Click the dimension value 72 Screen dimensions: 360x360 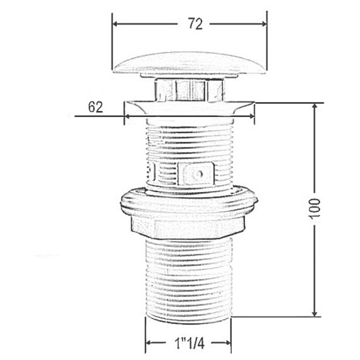[195, 24]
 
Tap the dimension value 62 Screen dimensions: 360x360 [96, 107]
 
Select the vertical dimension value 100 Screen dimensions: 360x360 [315, 209]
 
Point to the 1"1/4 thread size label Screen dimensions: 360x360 [189, 344]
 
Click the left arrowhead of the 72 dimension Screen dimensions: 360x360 [115, 24]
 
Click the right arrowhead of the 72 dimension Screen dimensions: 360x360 [264, 24]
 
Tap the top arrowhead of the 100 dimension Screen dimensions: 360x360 [315, 106]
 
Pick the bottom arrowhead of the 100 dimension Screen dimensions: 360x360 [315, 314]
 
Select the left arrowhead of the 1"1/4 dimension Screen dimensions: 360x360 [149, 343]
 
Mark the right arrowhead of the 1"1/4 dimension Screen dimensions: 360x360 [228, 343]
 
